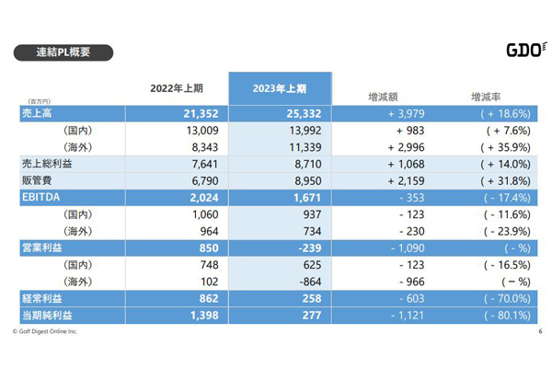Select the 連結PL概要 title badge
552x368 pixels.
63,52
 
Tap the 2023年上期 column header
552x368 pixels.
279,89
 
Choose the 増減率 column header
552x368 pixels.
486,95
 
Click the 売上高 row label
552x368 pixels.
38,112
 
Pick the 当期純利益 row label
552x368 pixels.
47,316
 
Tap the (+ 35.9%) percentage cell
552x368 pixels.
501,146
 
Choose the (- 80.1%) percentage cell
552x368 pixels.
501,316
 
